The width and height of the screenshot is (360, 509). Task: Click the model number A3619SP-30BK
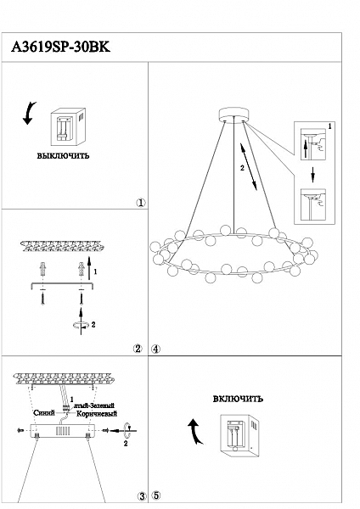tap(61, 48)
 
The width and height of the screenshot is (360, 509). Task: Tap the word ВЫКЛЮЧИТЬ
tap(63, 156)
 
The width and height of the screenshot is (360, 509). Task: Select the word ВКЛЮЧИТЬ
tap(238, 399)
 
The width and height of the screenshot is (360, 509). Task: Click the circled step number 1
tap(141, 203)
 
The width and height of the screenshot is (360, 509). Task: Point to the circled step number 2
tap(138, 349)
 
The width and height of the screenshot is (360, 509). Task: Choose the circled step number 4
tap(155, 349)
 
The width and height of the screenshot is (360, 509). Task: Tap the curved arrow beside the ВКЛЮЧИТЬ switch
tap(196, 430)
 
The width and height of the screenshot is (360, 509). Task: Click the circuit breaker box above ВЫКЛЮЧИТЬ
tap(68, 127)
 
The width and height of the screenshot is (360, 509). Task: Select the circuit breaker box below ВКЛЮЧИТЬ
tap(239, 435)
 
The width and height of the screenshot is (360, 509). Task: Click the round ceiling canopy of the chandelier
tap(234, 115)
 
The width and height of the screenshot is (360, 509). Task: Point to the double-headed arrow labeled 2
tap(249, 167)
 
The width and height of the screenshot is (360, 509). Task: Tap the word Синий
tap(44, 413)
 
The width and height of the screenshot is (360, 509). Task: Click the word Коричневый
tap(97, 414)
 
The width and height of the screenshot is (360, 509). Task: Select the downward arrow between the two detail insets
tap(312, 175)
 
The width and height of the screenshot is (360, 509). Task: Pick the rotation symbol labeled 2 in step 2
tap(81, 325)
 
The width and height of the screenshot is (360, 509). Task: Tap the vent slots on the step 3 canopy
tap(64, 431)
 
